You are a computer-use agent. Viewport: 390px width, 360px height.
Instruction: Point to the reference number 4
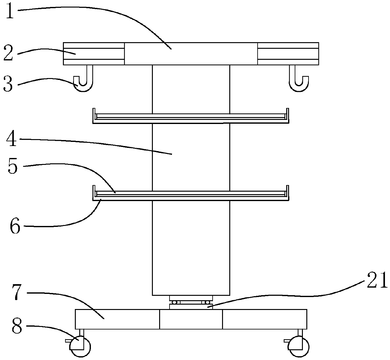tap(12, 139)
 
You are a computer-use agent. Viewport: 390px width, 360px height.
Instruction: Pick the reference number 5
tap(13, 167)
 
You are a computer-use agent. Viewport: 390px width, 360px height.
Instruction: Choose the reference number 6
tap(15, 226)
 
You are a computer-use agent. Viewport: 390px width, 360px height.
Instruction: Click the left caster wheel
tap(80, 347)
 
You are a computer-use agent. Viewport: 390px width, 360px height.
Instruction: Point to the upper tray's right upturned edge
tap(287, 115)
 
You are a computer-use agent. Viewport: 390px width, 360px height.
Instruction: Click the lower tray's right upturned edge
tap(287, 192)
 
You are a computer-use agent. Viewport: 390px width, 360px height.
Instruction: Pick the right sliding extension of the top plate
tap(288, 53)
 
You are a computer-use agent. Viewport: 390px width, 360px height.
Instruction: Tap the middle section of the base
tap(191, 319)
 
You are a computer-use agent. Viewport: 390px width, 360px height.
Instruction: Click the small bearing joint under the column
tap(191, 302)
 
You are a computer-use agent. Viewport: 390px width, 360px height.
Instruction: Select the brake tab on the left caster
tap(69, 340)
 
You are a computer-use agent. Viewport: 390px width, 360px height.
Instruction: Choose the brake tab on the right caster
tap(287, 340)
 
